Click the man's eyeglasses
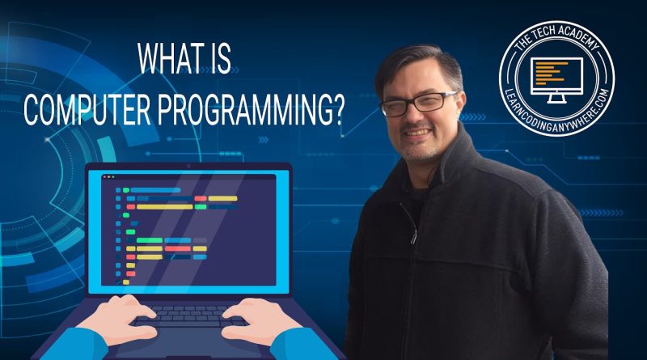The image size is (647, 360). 419,104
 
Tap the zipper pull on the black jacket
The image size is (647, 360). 413,236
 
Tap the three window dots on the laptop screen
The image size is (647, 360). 109,176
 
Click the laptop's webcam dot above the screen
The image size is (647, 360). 188,167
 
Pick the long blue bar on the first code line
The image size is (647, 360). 155,190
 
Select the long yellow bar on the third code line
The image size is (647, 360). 165,207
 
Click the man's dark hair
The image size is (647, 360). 417,66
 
